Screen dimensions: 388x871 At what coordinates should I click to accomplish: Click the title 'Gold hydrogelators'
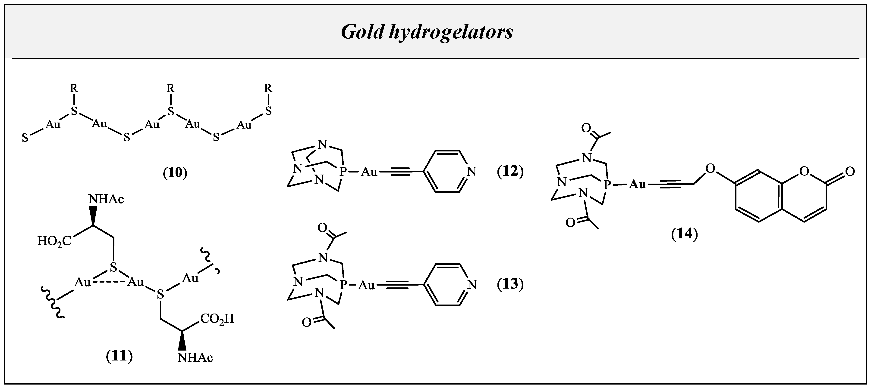(x=427, y=32)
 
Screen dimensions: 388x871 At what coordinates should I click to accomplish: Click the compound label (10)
(x=175, y=172)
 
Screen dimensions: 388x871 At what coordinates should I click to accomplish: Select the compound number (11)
(x=119, y=356)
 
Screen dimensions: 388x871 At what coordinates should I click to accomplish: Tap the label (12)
(x=510, y=172)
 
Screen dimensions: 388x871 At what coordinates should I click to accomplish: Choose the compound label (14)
(x=684, y=234)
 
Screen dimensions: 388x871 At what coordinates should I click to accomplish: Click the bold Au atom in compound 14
(x=637, y=184)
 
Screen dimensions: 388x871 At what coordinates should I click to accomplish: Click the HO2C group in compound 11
(x=54, y=241)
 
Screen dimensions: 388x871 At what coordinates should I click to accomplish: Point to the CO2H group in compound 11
(x=217, y=319)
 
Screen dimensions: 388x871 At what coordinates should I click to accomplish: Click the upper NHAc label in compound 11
(x=106, y=199)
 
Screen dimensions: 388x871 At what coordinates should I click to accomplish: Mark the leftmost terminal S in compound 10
(x=25, y=138)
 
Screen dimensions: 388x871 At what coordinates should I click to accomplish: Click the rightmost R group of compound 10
(x=268, y=89)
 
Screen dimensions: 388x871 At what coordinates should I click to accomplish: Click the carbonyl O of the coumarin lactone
(x=850, y=172)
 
